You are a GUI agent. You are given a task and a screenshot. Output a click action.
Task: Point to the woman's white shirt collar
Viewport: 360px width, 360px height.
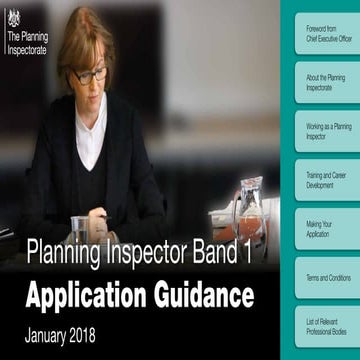tap(92, 125)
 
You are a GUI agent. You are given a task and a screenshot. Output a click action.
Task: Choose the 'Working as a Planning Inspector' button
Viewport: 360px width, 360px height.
tap(326, 132)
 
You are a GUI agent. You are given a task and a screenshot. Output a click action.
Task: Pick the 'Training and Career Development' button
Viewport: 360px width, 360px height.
tap(326, 180)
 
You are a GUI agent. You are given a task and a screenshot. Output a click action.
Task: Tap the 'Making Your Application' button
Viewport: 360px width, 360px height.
tap(326, 229)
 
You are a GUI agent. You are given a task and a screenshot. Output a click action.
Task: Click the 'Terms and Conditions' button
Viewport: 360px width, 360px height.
tap(326, 277)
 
